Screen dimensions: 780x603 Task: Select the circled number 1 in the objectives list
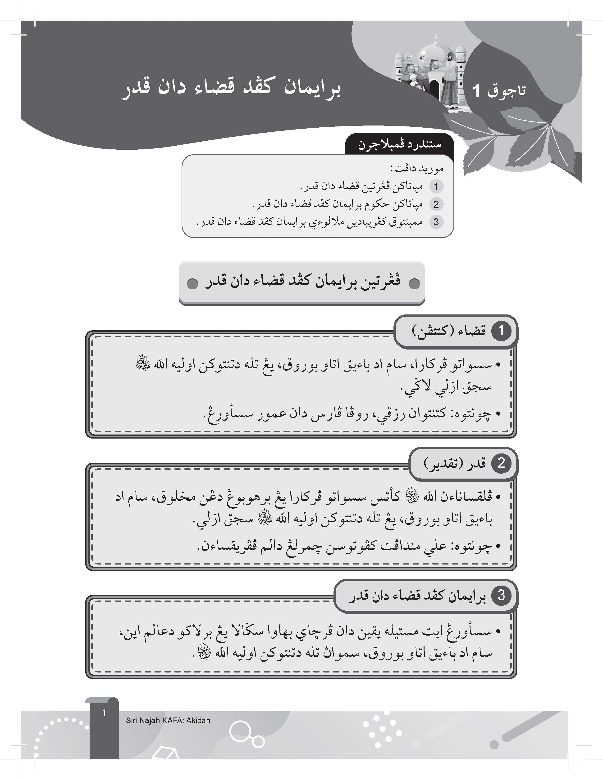(x=436, y=186)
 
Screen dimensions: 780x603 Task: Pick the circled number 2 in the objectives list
(x=436, y=204)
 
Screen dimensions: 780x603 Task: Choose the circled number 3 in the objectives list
(x=436, y=222)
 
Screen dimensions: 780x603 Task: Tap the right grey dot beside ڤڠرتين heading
(x=414, y=284)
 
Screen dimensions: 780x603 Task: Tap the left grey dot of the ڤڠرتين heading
(x=192, y=284)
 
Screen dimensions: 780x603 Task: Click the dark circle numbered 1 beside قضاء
(x=501, y=331)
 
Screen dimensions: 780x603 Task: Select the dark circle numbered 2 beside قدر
(x=501, y=463)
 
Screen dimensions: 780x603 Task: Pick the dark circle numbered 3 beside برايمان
(x=501, y=595)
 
